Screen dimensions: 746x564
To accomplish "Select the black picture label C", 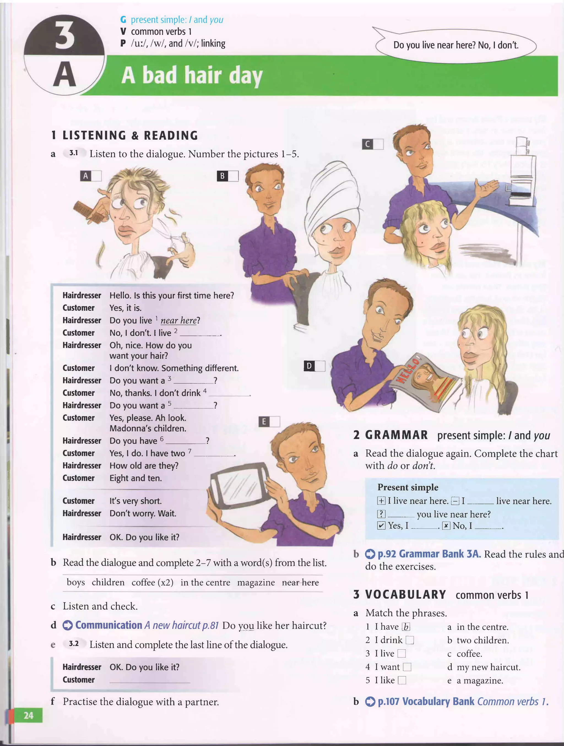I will point(367,144).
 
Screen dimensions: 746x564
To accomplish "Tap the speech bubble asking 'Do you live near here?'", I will point(455,45).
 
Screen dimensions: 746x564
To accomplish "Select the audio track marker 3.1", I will point(74,153).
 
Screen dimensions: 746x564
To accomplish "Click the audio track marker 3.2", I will point(74,644).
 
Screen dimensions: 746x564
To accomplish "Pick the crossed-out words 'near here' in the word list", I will point(300,582).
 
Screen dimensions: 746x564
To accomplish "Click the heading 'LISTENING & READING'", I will point(130,135).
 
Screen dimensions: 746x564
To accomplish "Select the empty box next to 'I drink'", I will point(410,640).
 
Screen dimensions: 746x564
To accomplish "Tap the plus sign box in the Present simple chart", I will point(381,501).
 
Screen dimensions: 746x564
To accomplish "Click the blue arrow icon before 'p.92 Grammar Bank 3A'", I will point(370,554).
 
